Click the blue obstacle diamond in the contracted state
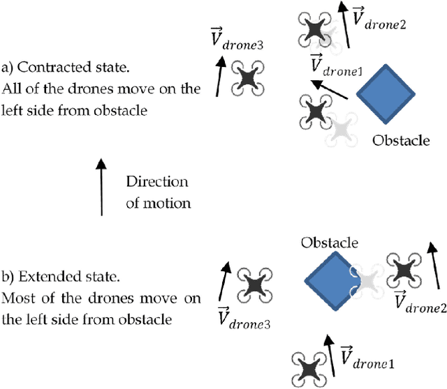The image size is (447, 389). (386, 95)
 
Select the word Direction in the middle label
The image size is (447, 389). (157, 182)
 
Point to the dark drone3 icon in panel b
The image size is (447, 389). (254, 284)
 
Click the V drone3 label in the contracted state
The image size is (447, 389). (237, 41)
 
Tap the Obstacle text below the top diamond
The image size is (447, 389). (400, 141)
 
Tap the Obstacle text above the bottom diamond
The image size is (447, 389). (329, 243)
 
